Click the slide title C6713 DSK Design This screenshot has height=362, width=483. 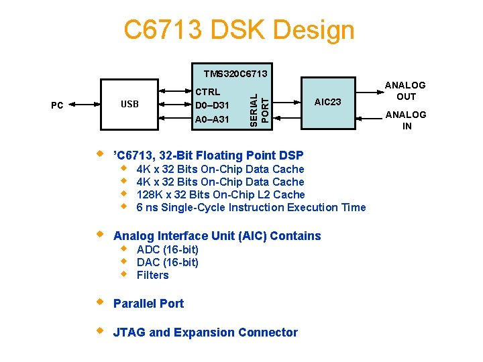(239, 30)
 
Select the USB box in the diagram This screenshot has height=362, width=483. (129, 104)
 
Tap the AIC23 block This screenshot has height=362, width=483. (328, 102)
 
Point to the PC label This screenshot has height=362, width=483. (58, 105)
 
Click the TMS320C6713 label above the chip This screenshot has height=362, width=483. (235, 73)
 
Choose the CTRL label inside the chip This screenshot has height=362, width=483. (207, 91)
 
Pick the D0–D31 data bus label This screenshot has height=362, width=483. (211, 105)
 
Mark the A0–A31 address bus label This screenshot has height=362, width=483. (211, 119)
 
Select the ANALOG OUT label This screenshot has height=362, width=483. (405, 90)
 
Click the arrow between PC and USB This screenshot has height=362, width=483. (83, 105)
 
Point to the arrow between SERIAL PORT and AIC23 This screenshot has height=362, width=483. (288, 102)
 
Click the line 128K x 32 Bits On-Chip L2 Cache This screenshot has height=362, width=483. (220, 194)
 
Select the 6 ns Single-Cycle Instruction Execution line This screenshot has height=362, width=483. (251, 207)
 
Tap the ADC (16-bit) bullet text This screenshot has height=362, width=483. (167, 249)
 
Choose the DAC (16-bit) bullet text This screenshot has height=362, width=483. (167, 262)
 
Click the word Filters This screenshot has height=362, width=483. (152, 275)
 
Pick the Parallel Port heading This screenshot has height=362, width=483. (148, 303)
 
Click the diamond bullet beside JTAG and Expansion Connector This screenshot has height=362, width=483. (100, 330)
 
